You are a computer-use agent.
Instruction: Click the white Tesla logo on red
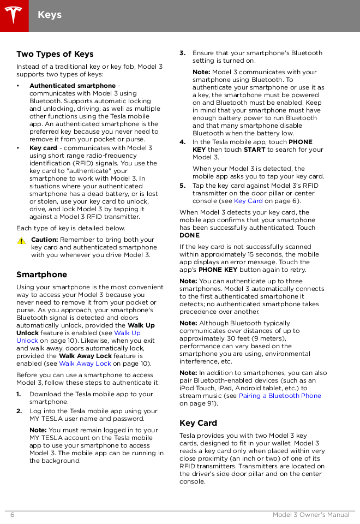click(14, 15)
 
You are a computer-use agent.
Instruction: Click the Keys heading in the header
click(50, 15)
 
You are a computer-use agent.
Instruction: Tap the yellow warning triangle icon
click(21, 240)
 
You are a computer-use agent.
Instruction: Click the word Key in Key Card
click(240, 201)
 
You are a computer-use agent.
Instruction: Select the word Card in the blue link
click(255, 201)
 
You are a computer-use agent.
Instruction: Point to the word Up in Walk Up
click(135, 333)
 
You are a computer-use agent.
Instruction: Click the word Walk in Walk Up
click(121, 333)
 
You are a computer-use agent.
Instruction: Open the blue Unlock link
click(27, 341)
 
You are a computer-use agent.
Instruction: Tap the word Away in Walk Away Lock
click(85, 364)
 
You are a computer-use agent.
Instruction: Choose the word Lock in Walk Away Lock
click(104, 364)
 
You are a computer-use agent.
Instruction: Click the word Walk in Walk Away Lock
click(67, 364)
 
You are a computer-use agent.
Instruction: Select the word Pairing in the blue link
click(250, 396)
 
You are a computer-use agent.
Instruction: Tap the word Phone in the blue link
click(312, 396)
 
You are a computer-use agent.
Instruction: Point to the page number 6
click(12, 515)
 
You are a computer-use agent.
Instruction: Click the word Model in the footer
click(283, 515)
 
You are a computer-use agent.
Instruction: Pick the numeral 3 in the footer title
click(296, 515)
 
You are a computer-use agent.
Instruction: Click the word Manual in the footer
click(338, 515)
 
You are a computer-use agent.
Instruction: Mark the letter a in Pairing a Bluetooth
click(265, 396)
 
